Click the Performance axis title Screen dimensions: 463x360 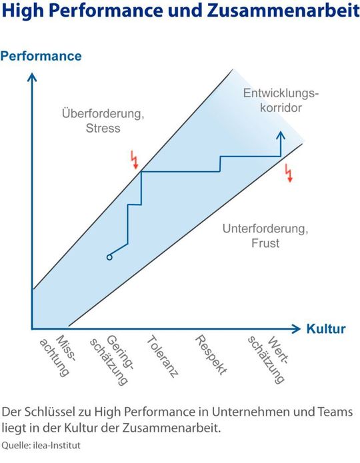41,56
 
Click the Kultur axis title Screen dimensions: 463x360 326,329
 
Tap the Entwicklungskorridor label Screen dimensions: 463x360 281,99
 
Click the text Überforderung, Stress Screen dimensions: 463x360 103,121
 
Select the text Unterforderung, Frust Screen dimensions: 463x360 265,236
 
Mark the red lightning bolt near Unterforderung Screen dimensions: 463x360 289,173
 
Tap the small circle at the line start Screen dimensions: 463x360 109,257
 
